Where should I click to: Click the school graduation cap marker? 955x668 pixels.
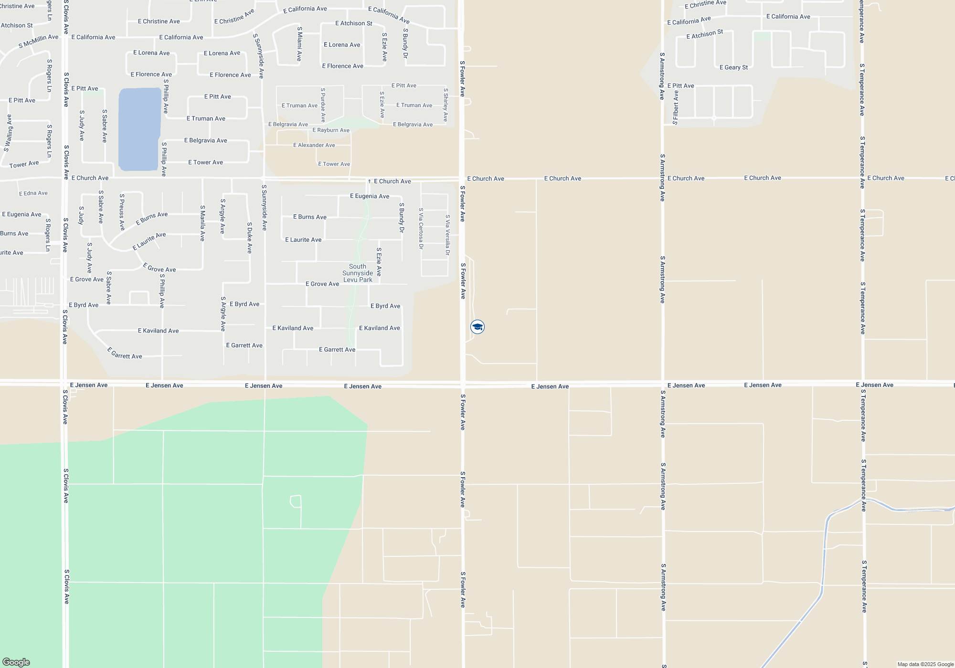pyautogui.click(x=477, y=327)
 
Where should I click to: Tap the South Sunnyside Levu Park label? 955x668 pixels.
pyautogui.click(x=358, y=273)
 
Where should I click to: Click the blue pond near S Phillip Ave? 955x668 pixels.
pyautogui.click(x=139, y=129)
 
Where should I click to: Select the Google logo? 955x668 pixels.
pyautogui.click(x=16, y=662)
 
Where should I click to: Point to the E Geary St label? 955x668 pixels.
pyautogui.click(x=733, y=67)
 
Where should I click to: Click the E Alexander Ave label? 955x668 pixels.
pyautogui.click(x=314, y=145)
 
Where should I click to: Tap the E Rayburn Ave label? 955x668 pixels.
pyautogui.click(x=331, y=130)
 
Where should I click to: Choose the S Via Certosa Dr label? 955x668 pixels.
pyautogui.click(x=421, y=228)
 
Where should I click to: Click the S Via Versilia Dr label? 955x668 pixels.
pyautogui.click(x=447, y=235)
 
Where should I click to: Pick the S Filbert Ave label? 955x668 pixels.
pyautogui.click(x=675, y=107)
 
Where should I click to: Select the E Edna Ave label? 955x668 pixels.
pyautogui.click(x=33, y=193)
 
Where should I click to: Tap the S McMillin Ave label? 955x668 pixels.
pyautogui.click(x=38, y=41)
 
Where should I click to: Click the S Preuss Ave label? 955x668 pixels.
pyautogui.click(x=122, y=212)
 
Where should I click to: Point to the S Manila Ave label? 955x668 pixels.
pyautogui.click(x=202, y=223)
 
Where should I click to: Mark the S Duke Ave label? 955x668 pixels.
pyautogui.click(x=249, y=237)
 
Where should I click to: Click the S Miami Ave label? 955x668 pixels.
pyautogui.click(x=299, y=43)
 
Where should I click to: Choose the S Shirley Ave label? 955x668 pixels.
pyautogui.click(x=446, y=104)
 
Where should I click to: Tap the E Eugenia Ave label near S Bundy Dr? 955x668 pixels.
pyautogui.click(x=369, y=196)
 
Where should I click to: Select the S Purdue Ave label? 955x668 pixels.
pyautogui.click(x=323, y=104)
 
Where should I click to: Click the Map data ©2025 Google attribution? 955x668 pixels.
pyautogui.click(x=925, y=664)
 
